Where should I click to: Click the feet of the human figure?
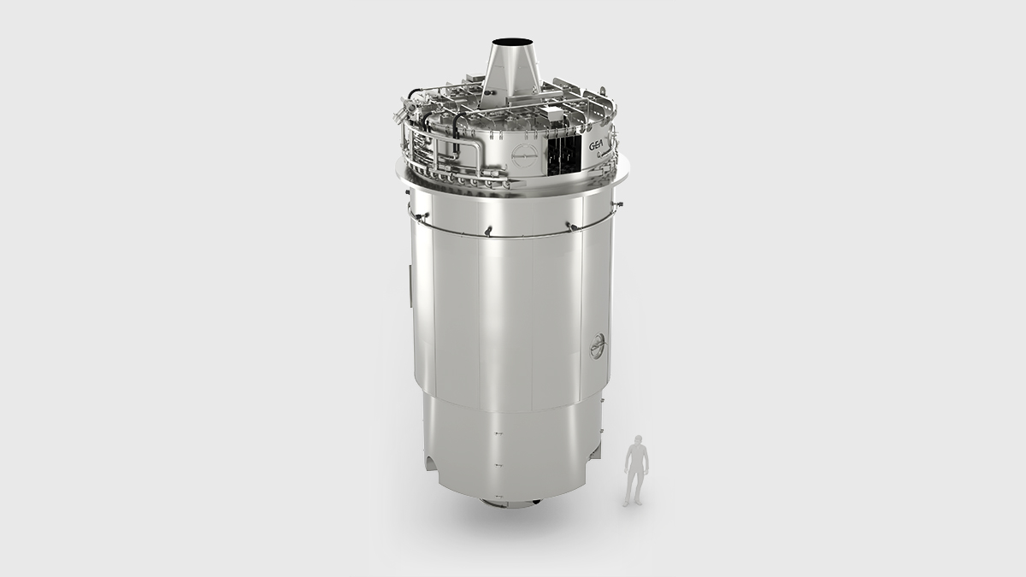634,503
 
